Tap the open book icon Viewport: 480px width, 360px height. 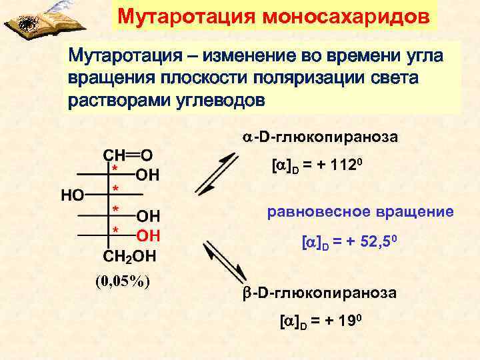(x=27, y=20)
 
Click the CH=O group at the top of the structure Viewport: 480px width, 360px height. (x=127, y=155)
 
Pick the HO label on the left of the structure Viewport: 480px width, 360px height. (x=73, y=195)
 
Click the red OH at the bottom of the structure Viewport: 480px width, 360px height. (x=149, y=235)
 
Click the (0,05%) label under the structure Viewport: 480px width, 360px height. (x=121, y=280)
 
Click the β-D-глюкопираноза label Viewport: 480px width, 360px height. (x=318, y=293)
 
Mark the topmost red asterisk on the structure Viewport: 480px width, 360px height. (x=115, y=169)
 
